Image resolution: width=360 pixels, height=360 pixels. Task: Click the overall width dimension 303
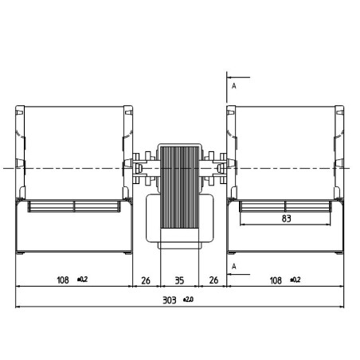[x=170, y=300]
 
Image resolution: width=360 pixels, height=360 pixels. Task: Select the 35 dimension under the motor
[x=180, y=280]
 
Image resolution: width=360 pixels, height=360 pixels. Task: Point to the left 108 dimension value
[x=62, y=280]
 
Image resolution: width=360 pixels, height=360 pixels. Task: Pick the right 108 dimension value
[x=276, y=280]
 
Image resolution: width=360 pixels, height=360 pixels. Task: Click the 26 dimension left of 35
[x=146, y=280]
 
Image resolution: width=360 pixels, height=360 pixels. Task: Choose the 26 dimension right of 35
[x=213, y=280]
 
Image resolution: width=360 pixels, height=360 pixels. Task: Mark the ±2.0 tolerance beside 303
[x=188, y=299]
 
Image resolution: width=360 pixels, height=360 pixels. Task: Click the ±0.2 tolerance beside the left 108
[x=82, y=280]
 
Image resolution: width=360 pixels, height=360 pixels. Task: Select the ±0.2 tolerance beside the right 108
[x=295, y=280]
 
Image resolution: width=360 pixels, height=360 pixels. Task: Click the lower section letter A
[x=233, y=265]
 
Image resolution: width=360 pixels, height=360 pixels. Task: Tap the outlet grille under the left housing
[x=73, y=206]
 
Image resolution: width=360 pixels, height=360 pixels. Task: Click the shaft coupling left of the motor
[x=144, y=167]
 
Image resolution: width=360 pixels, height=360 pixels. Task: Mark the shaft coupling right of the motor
[x=216, y=167]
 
